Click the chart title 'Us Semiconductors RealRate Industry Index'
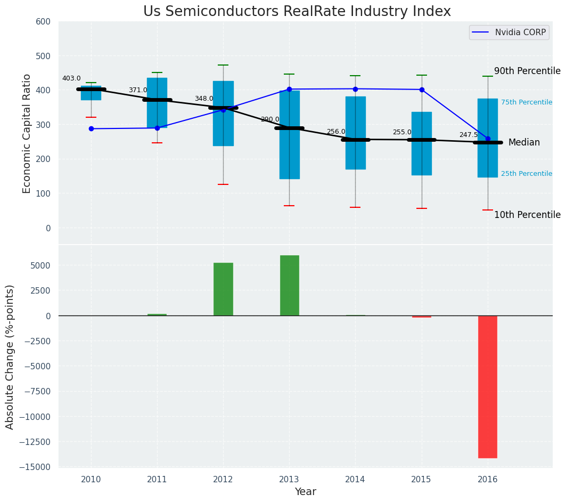click(x=297, y=12)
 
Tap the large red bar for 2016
click(x=488, y=386)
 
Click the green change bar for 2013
click(x=289, y=285)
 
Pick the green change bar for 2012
click(x=223, y=289)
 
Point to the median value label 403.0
click(x=71, y=78)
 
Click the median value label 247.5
click(x=469, y=135)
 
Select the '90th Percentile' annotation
click(x=527, y=71)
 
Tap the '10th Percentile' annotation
click(x=527, y=215)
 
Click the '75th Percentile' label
click(x=527, y=102)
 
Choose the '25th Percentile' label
click(x=527, y=174)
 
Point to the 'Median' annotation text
click(x=524, y=142)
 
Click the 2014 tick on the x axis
click(x=355, y=480)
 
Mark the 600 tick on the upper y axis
click(x=43, y=21)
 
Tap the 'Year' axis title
click(x=306, y=492)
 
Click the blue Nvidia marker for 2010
click(x=91, y=128)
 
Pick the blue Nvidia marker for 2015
click(x=422, y=90)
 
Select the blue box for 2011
click(x=157, y=103)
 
